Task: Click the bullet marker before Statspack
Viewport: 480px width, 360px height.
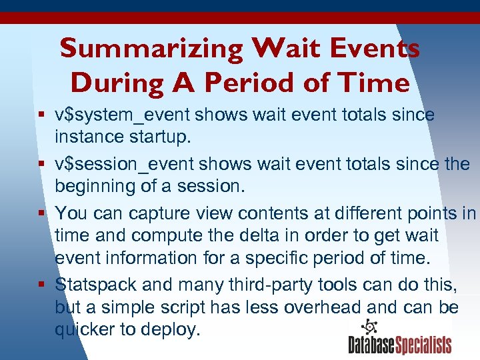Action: pyautogui.click(x=43, y=285)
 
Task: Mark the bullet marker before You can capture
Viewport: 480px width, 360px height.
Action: pyautogui.click(x=43, y=213)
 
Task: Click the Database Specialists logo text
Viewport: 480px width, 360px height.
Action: pyautogui.click(x=400, y=345)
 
